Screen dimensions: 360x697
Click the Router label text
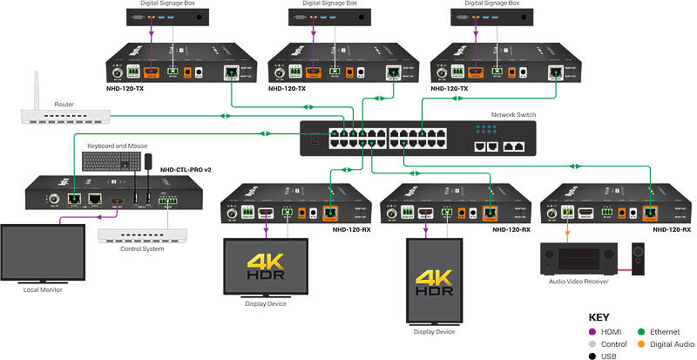coord(63,104)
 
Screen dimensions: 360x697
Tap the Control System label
coord(141,249)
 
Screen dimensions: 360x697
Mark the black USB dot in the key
coord(595,356)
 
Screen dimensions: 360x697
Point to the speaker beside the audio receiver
coord(638,259)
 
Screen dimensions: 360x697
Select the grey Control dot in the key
coord(595,344)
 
